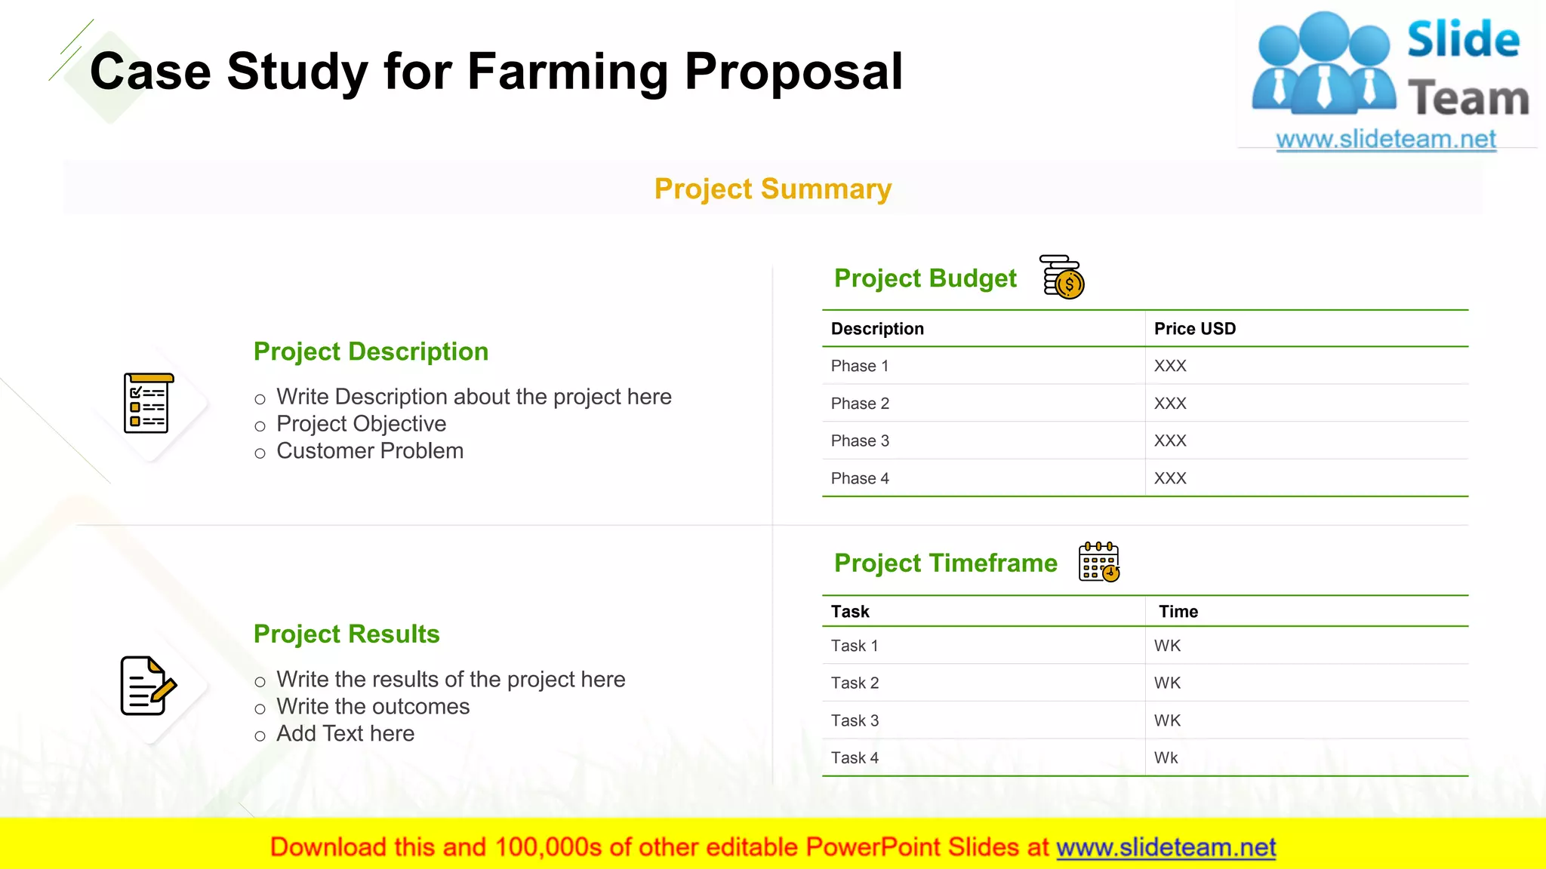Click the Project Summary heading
point(772,189)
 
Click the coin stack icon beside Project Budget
point(1062,277)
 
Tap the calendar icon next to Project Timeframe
point(1099,562)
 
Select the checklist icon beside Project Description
point(148,404)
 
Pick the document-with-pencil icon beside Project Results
point(148,686)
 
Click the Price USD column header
point(1194,329)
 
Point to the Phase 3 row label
point(860,441)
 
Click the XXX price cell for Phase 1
point(1170,366)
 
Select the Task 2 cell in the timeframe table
point(855,683)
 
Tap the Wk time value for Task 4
point(1166,757)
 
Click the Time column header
point(1178,612)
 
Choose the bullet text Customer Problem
point(370,451)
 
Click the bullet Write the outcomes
point(373,707)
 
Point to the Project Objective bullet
point(361,424)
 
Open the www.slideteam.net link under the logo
point(1385,140)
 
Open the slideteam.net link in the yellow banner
point(1166,847)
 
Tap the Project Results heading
point(346,634)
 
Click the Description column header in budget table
point(877,329)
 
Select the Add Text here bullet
point(345,734)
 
